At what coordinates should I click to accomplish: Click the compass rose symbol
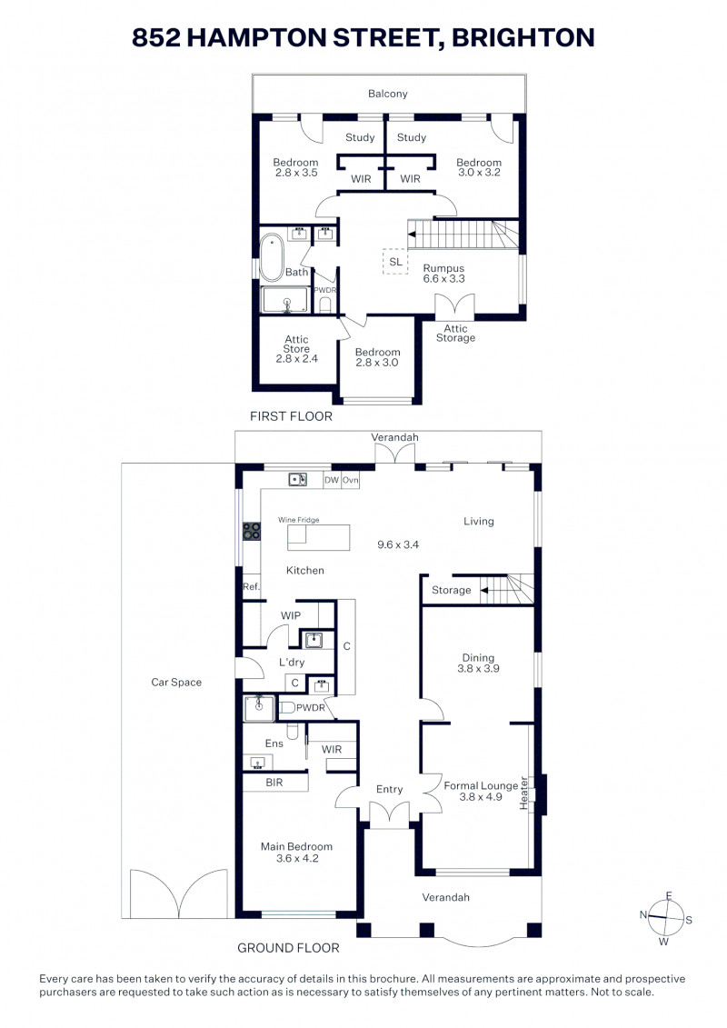tap(666, 918)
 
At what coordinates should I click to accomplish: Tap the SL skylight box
tap(395, 262)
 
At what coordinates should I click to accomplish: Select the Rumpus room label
tap(443, 274)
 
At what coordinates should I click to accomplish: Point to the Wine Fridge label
tap(299, 520)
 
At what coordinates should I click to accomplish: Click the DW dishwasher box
tap(333, 480)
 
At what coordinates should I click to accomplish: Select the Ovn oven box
tap(350, 480)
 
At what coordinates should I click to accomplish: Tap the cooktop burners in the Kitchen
tap(252, 531)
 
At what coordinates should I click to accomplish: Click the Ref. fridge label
tap(251, 587)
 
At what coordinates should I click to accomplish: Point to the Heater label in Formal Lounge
tap(523, 793)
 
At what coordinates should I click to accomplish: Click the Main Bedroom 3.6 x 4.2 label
tap(297, 853)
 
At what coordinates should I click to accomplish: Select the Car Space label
tap(176, 682)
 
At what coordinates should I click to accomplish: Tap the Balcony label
tap(388, 94)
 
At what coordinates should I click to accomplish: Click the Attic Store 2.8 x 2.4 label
tap(297, 349)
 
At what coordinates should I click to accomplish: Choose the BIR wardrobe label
tap(274, 783)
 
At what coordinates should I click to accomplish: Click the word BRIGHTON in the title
tap(523, 37)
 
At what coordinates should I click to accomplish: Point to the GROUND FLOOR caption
tap(288, 948)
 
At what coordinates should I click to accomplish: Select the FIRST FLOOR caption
tap(291, 416)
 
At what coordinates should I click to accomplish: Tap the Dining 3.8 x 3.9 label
tap(479, 663)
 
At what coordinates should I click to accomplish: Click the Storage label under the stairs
tap(452, 590)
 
